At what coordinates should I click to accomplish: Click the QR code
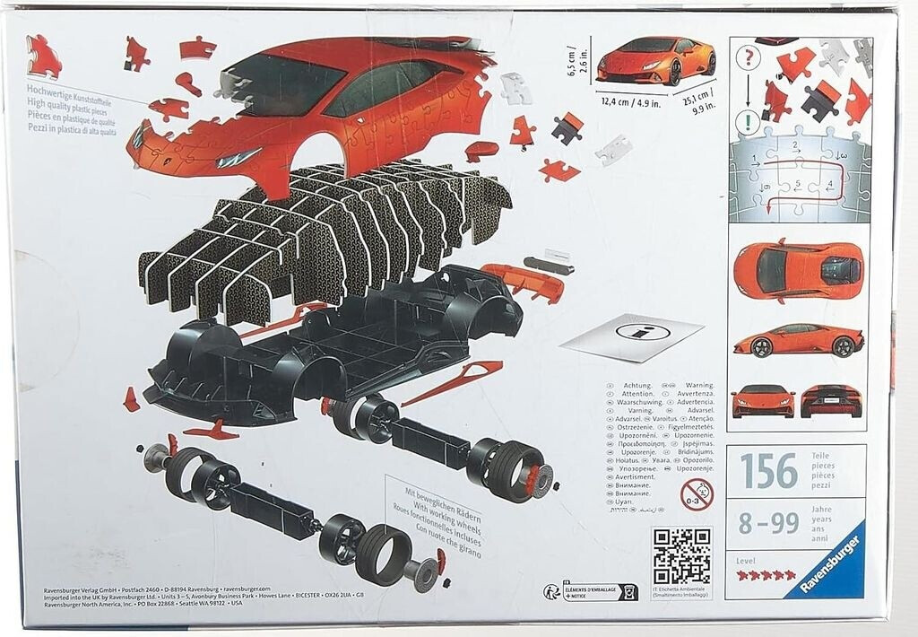(x=681, y=555)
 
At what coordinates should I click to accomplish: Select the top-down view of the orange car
(x=798, y=268)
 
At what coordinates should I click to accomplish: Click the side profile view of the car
(x=798, y=340)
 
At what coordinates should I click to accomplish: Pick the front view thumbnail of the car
(x=763, y=401)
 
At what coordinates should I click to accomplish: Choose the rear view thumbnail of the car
(x=831, y=401)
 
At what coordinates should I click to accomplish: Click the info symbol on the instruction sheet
(x=643, y=331)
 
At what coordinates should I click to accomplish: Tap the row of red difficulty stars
(x=766, y=575)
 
